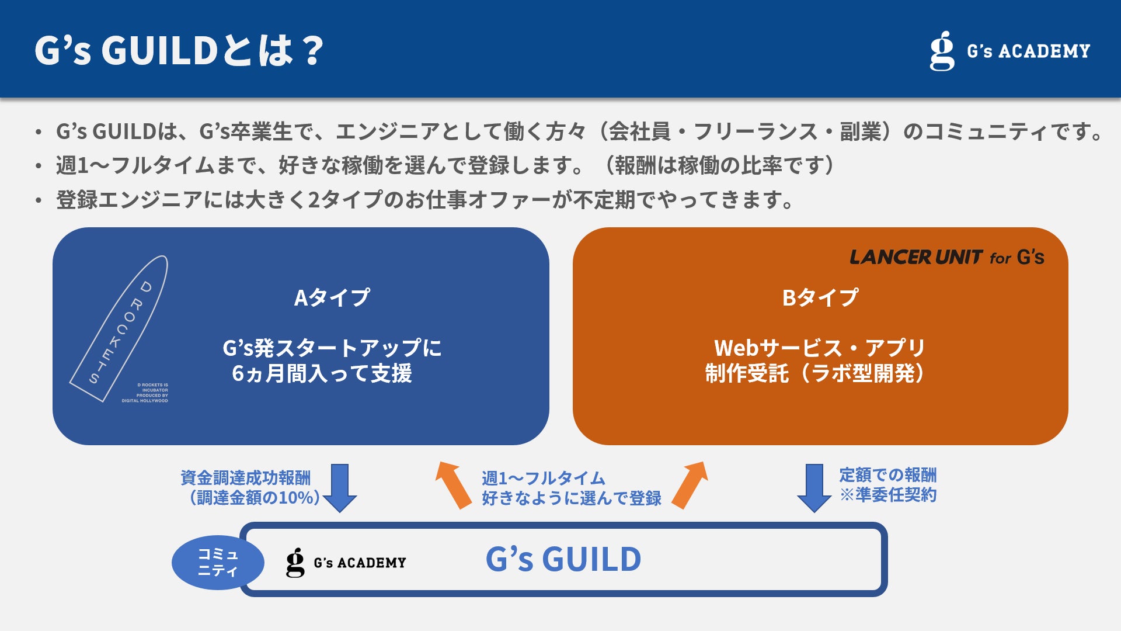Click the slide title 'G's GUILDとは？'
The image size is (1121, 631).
(179, 50)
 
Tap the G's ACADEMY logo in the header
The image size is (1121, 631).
(1009, 51)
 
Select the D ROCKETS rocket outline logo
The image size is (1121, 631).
(120, 328)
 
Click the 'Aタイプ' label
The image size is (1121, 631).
(332, 297)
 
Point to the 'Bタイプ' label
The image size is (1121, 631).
(820, 297)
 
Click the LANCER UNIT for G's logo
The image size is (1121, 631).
(946, 257)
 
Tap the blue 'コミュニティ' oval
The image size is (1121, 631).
(218, 562)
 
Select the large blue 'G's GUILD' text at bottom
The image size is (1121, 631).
(563, 559)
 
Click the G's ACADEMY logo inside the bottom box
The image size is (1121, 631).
(346, 563)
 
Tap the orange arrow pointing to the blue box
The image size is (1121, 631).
(453, 484)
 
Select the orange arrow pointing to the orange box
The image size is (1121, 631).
(690, 484)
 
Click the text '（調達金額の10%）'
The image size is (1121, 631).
(255, 498)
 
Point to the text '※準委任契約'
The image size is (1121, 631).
(887, 495)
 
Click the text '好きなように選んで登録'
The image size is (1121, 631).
(571, 498)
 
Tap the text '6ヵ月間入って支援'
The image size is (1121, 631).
(322, 373)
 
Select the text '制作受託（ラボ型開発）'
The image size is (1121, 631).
(815, 373)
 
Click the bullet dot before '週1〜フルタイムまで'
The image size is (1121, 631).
(39, 167)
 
